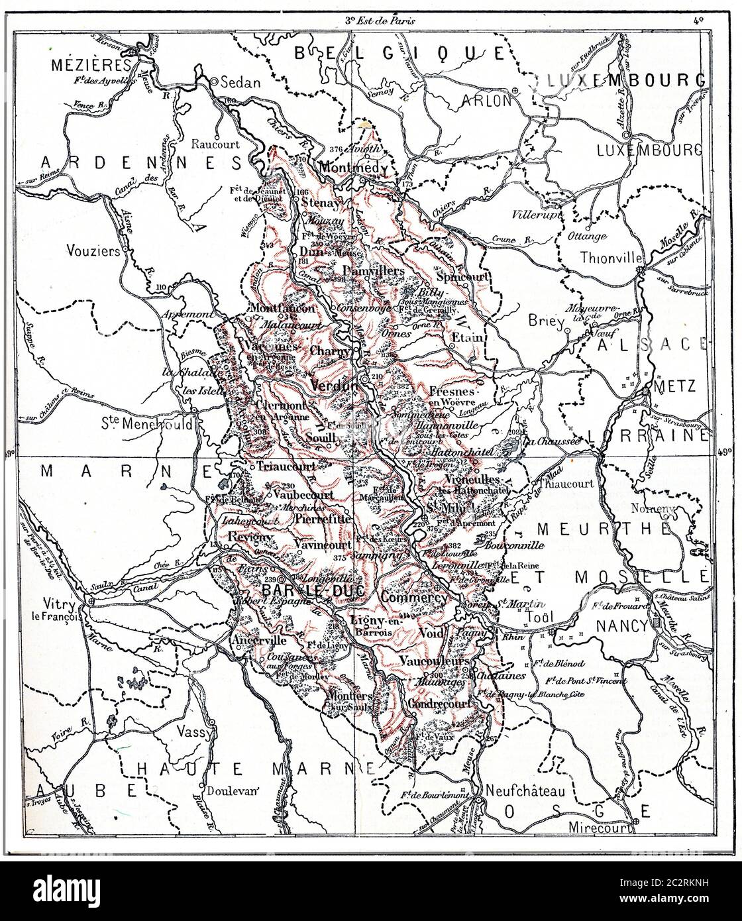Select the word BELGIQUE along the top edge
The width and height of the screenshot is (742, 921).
pos(399,52)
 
